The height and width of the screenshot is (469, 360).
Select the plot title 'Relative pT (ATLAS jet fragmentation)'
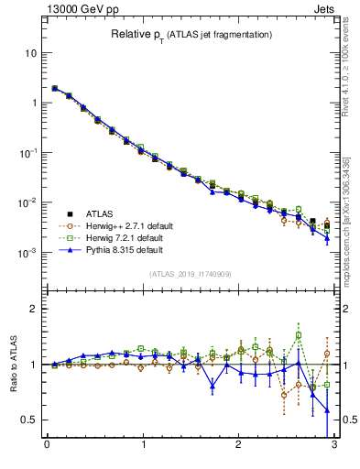pos(190,35)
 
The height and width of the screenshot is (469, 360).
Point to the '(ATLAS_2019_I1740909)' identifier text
pos(190,275)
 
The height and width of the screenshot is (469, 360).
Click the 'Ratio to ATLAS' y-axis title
pos(14,363)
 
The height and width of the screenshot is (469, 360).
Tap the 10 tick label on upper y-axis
pos(30,53)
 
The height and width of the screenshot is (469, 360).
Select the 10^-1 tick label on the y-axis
pos(27,152)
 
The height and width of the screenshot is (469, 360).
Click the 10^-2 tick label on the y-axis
pos(27,202)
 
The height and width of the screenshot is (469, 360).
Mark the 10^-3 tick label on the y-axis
pos(27,252)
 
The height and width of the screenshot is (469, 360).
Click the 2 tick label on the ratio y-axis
pos(34,309)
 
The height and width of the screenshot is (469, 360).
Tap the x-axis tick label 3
pos(333,446)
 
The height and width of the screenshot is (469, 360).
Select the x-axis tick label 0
pos(46,446)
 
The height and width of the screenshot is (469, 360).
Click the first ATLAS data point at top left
pos(55,89)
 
